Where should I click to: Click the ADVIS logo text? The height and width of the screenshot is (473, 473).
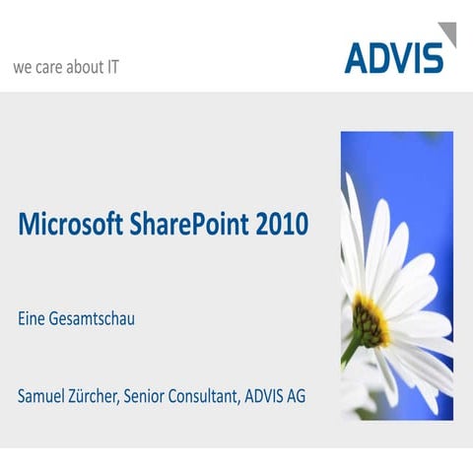pos(392,57)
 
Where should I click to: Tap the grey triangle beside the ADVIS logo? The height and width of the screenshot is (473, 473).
pos(447,35)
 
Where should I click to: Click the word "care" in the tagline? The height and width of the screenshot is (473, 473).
pos(53,68)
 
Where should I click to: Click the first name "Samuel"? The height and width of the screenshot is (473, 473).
pos(45,396)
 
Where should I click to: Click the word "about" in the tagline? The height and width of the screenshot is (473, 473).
pos(85,68)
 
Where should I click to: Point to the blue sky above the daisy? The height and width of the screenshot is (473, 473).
pos(414,168)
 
